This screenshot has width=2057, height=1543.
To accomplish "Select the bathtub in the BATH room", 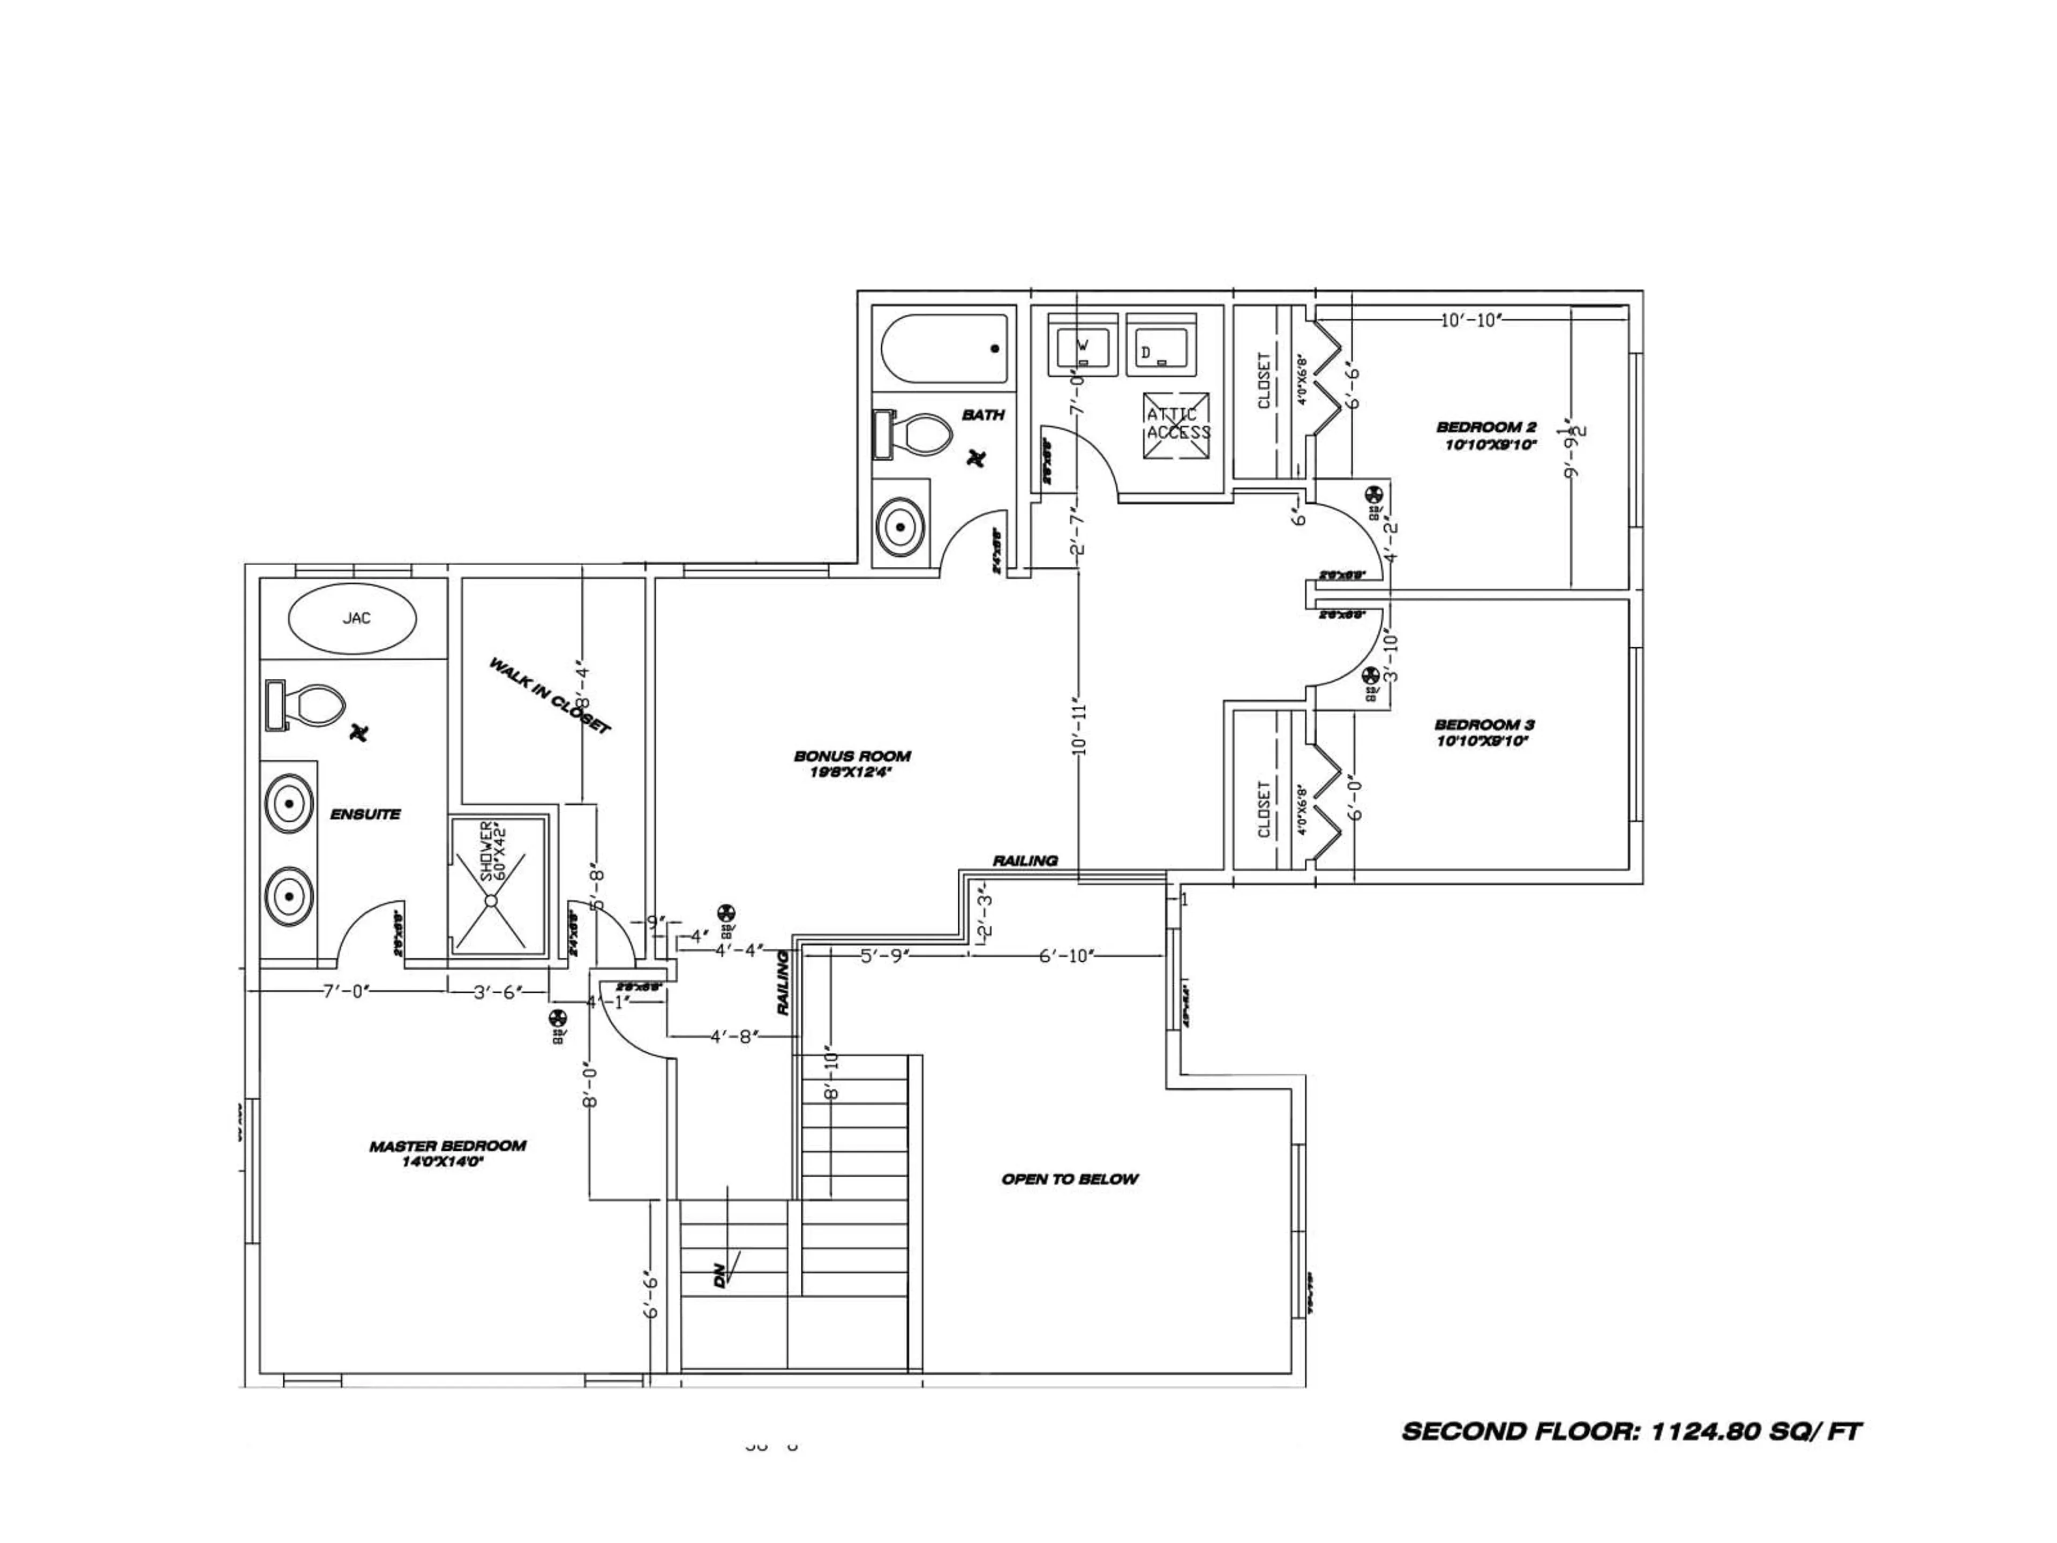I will [944, 349].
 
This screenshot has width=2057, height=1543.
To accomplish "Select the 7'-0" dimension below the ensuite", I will [346, 992].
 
